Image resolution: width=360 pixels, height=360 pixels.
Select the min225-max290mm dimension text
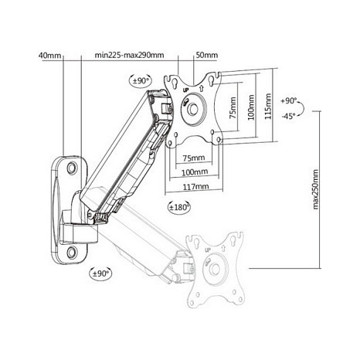[x=129, y=55]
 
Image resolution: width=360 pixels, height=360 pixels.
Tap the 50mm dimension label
[x=207, y=55]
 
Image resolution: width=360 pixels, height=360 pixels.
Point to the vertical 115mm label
[x=268, y=106]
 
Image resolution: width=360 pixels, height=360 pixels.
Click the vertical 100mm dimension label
[x=251, y=107]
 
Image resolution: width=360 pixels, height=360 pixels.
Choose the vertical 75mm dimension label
[x=233, y=107]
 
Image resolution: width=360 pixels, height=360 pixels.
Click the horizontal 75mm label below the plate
[x=194, y=158]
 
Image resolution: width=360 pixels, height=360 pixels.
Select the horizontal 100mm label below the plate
[x=195, y=172]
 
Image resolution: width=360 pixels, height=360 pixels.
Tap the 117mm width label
[x=196, y=186]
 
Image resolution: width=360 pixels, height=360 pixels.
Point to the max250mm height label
[x=315, y=189]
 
